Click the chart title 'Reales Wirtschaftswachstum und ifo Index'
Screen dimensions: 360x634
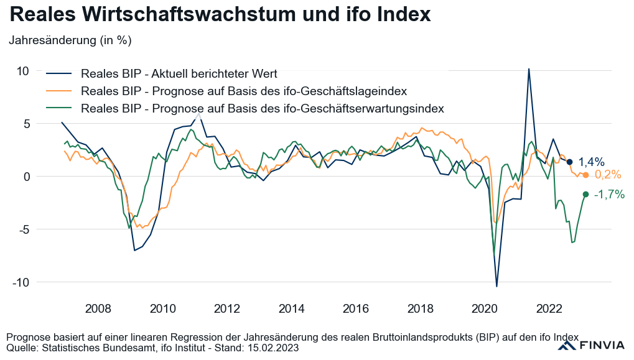click(x=220, y=14)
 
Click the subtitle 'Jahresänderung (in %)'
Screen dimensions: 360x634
click(x=70, y=40)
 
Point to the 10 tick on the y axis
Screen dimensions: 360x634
click(x=22, y=71)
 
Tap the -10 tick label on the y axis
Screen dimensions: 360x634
click(x=21, y=282)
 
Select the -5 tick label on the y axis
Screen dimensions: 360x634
click(x=22, y=229)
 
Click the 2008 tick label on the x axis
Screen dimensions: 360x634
click(x=98, y=309)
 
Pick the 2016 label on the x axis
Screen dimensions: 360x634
click(x=356, y=309)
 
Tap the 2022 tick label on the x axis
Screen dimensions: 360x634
click(x=549, y=309)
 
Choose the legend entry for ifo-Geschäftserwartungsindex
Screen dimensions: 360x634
click(x=262, y=109)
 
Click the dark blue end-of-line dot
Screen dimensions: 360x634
click(x=569, y=162)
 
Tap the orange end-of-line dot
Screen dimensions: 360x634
click(x=585, y=175)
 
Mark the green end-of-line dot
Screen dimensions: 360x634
click(x=585, y=195)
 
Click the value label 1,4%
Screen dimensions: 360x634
click(x=591, y=162)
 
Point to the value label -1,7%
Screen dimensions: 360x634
click(x=608, y=195)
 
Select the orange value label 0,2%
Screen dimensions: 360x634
click(x=608, y=175)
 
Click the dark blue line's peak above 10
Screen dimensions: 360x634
click(x=529, y=69)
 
